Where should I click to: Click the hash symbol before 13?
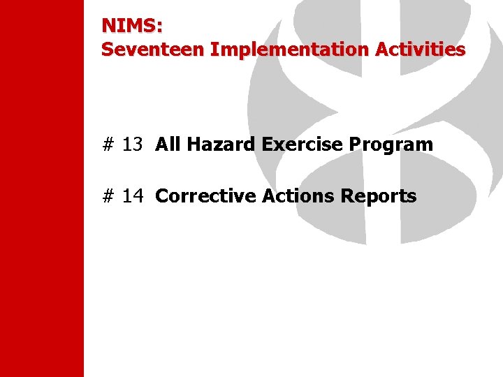point(108,145)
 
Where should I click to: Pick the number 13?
point(133,145)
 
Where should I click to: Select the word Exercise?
point(302,145)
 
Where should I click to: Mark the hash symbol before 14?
point(108,196)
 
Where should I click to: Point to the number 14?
point(133,196)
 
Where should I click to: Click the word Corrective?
point(205,196)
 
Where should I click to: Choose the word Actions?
point(298,196)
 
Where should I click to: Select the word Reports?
point(379,197)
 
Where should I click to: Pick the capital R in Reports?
point(347,196)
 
